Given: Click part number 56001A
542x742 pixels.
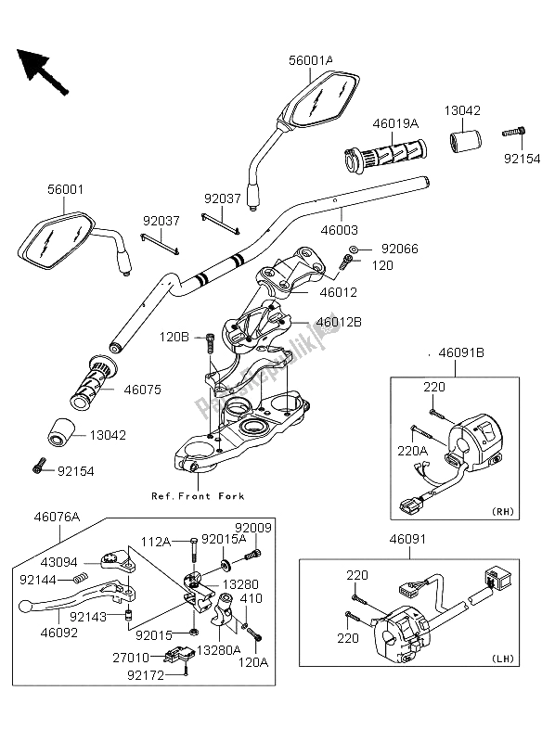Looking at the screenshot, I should (x=310, y=61).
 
